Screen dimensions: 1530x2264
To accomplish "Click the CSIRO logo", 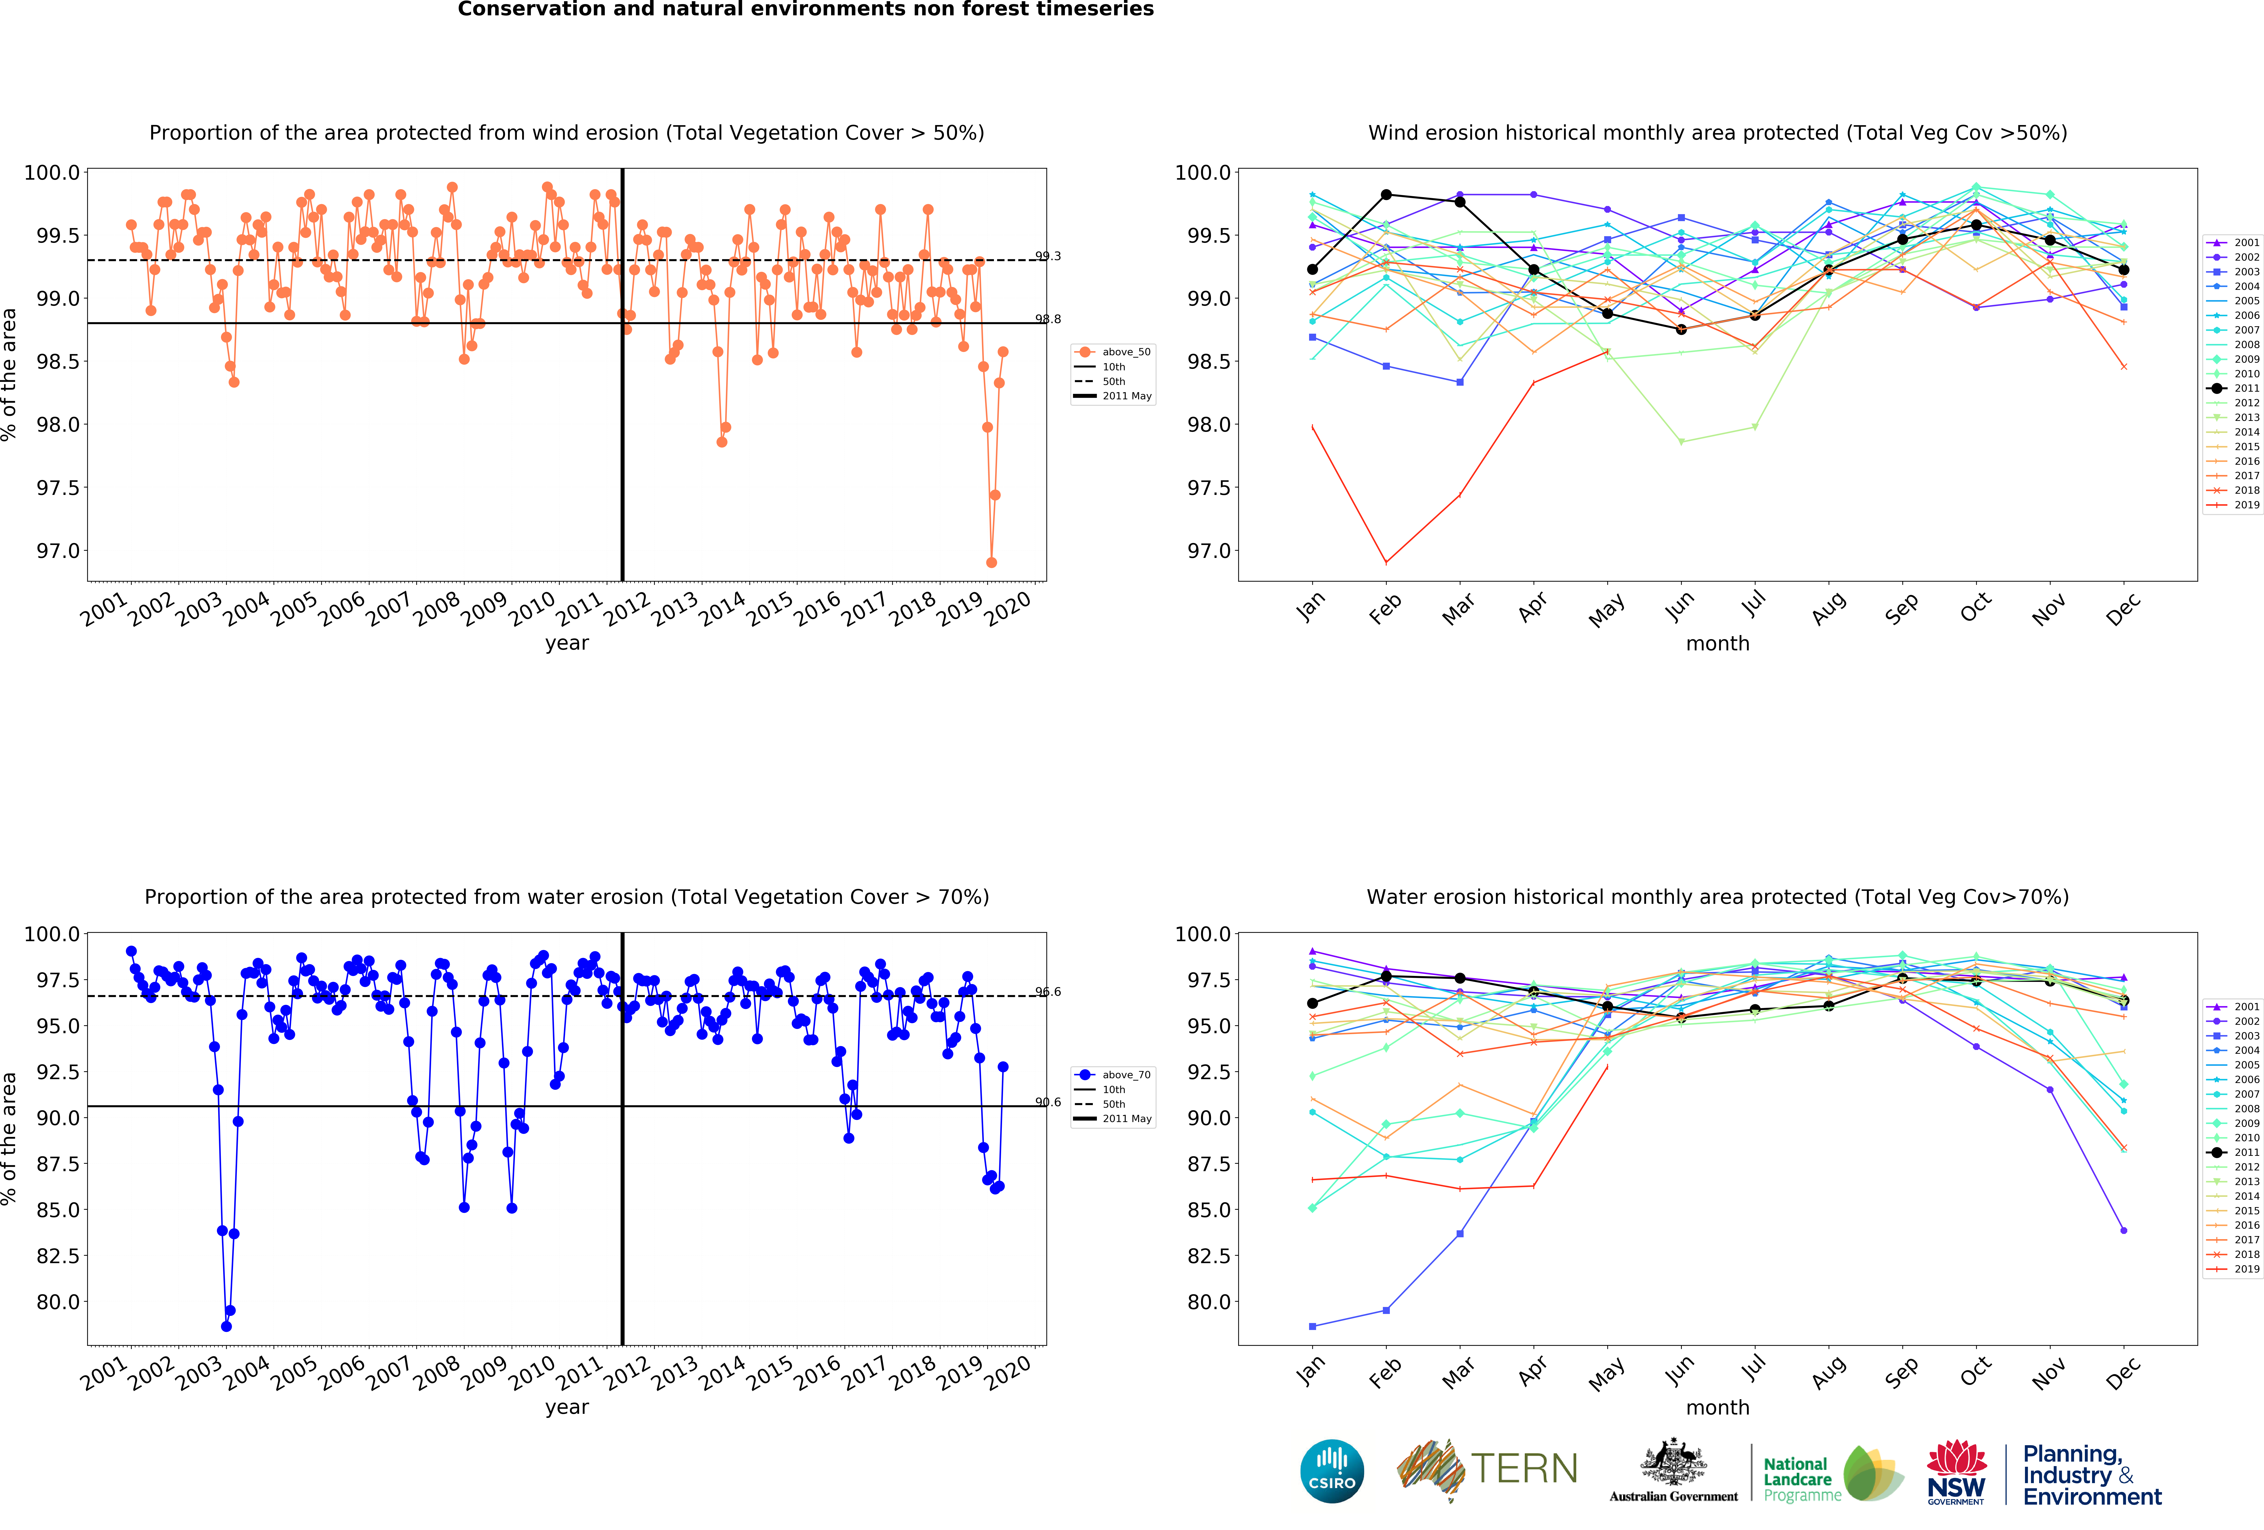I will coord(1332,1471).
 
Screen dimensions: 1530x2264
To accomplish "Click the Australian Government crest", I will coord(1673,1462).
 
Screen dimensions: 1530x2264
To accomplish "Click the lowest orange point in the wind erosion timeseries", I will coord(992,562).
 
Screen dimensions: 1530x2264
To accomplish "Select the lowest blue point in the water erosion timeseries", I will coord(226,1326).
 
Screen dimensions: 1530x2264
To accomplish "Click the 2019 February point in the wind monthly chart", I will coord(1386,562).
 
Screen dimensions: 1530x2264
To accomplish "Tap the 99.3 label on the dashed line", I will coord(1048,256).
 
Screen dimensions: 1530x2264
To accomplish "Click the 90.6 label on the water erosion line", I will coord(1048,1102).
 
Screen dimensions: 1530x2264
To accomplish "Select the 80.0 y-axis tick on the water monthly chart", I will coord(1209,1302).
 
